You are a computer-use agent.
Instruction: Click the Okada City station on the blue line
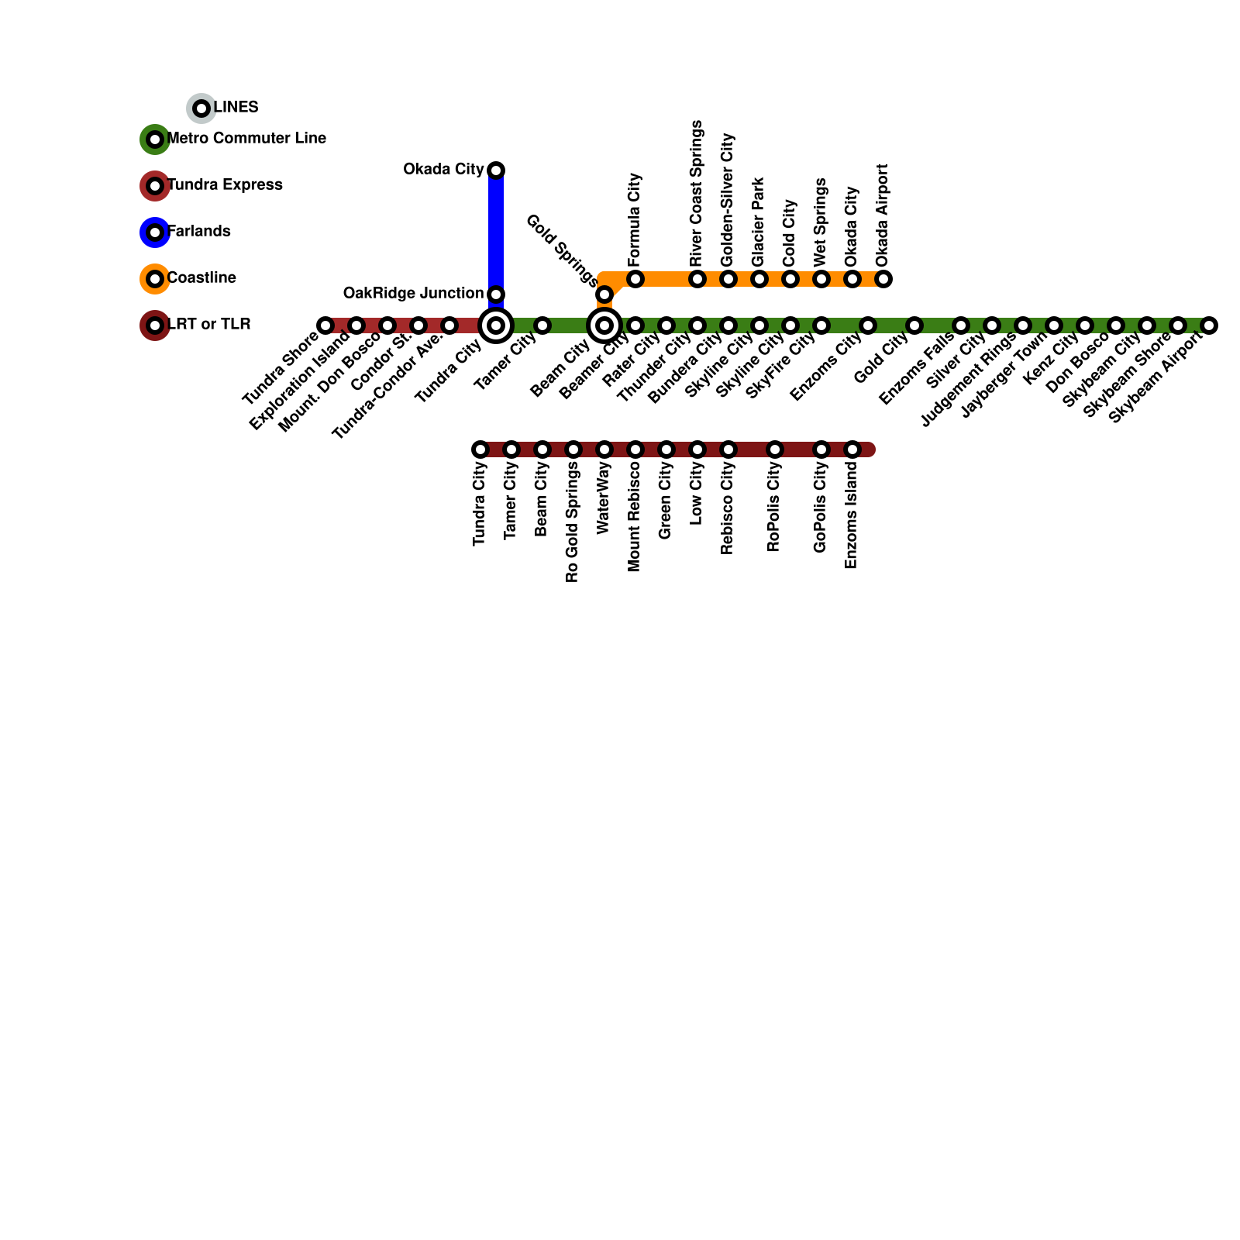[x=496, y=170]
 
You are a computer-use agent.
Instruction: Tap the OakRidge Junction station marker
[x=496, y=294]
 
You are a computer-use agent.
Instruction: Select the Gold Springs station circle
[x=604, y=294]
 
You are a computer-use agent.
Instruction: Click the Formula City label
[x=635, y=218]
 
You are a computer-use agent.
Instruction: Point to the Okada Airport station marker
[x=883, y=278]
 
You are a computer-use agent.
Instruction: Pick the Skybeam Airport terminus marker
[x=1209, y=325]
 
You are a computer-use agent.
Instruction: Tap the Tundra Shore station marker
[x=325, y=325]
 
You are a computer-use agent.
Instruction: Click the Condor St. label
[x=381, y=362]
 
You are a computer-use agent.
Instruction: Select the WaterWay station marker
[x=604, y=449]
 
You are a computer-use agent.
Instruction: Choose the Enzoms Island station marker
[x=852, y=449]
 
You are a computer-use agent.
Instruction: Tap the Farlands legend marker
[x=155, y=232]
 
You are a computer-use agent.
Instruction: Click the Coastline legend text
[x=201, y=277]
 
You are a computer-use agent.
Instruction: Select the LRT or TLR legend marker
[x=155, y=325]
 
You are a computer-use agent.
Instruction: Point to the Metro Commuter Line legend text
[x=246, y=138]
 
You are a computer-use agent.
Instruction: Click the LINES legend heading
[x=236, y=107]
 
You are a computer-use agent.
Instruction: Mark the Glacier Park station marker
[x=759, y=278]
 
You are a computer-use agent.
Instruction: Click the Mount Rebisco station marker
[x=635, y=449]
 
